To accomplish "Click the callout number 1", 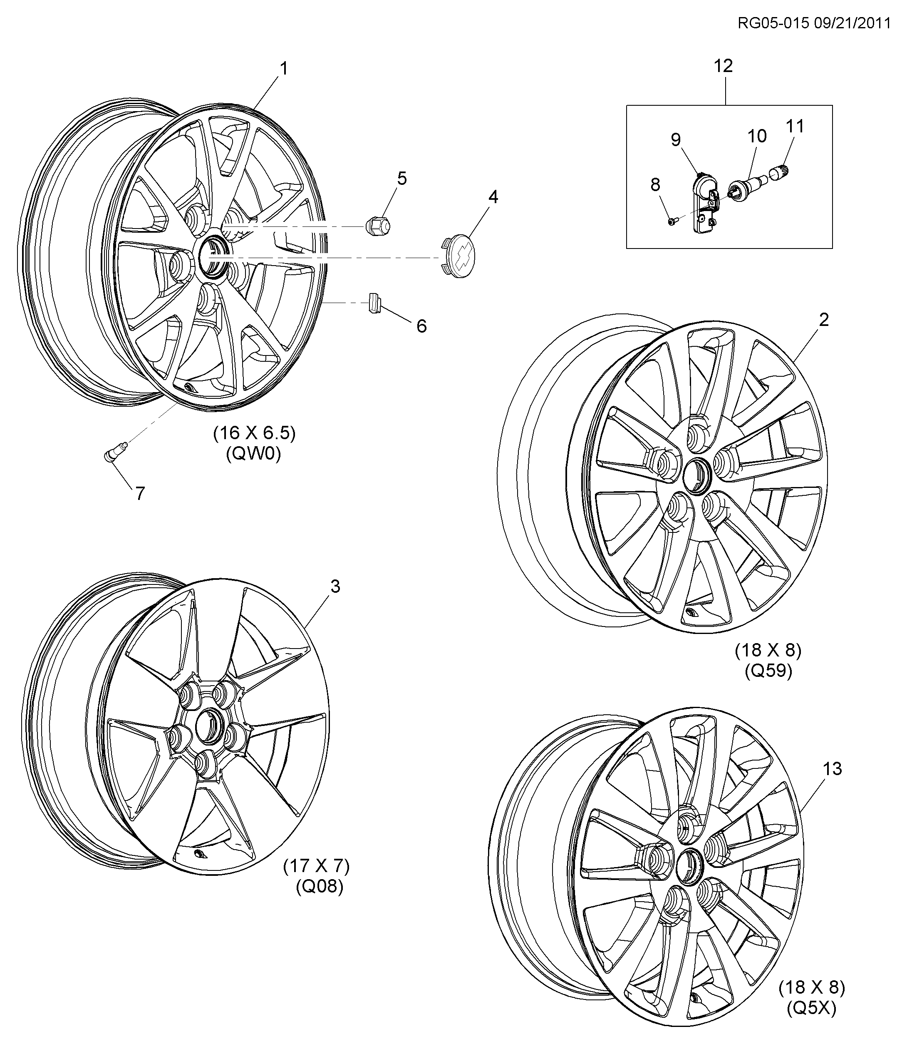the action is (284, 69).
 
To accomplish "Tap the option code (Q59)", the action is (768, 671).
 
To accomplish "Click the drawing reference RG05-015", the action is (774, 23).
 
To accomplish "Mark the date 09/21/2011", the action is (852, 23).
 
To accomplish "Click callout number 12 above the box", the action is (723, 66).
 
